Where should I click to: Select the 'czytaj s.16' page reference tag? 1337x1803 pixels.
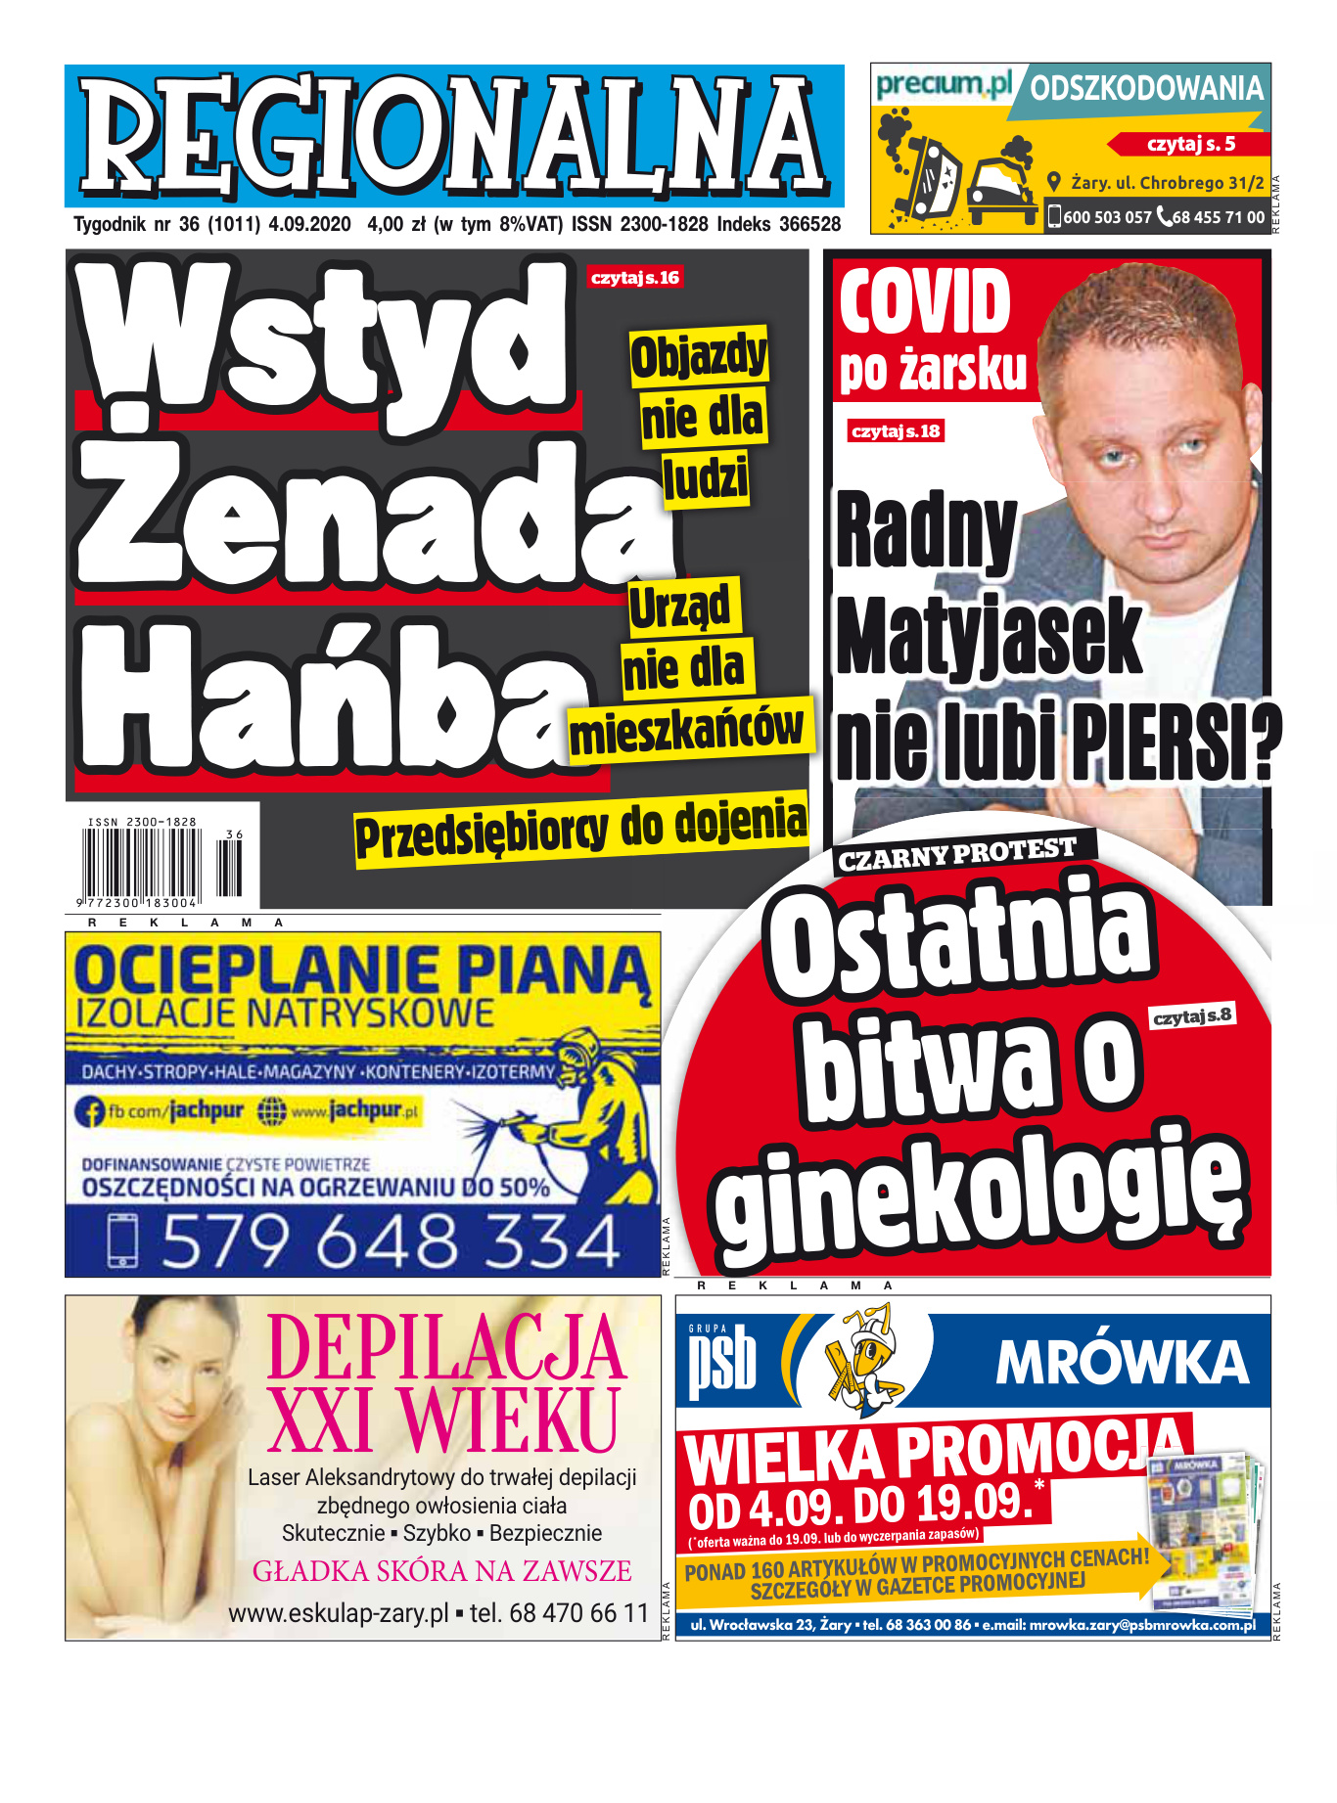[x=635, y=278]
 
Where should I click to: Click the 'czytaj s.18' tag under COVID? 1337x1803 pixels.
[x=896, y=431]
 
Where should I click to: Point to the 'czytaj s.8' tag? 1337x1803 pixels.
[x=1192, y=1016]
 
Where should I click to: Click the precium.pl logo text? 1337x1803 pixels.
[x=944, y=85]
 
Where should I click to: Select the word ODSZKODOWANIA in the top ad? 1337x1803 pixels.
[x=1146, y=89]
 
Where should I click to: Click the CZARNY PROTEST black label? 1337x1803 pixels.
[x=957, y=853]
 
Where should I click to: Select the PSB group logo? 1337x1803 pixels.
[x=722, y=1360]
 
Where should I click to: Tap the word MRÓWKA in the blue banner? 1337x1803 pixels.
[x=1122, y=1362]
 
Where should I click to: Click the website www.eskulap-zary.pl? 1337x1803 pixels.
[x=339, y=1613]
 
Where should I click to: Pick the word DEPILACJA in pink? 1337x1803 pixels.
[x=445, y=1348]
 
